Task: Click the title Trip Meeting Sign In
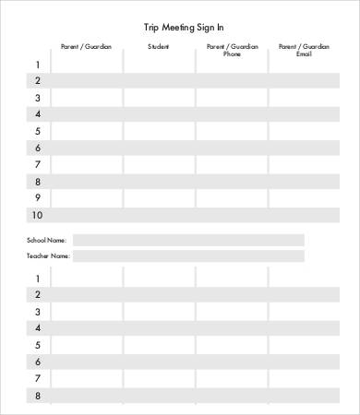(x=184, y=28)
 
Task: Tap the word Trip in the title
(x=152, y=28)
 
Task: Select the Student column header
(x=159, y=45)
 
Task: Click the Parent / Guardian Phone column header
(x=232, y=50)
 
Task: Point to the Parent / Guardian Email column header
(x=304, y=50)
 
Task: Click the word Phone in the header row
(x=232, y=54)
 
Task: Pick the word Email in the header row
(x=304, y=54)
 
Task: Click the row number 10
(x=37, y=215)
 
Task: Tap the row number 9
(x=38, y=197)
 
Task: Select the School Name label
(x=46, y=240)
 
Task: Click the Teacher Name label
(x=48, y=255)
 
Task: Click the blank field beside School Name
(x=188, y=240)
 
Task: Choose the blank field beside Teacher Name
(x=188, y=255)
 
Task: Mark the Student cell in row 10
(x=159, y=215)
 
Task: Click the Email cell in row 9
(x=304, y=197)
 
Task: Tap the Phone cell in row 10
(x=232, y=215)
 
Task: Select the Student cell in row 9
(x=159, y=197)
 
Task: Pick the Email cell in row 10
(x=304, y=215)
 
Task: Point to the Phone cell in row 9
(x=232, y=197)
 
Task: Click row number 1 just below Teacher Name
(x=38, y=279)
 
